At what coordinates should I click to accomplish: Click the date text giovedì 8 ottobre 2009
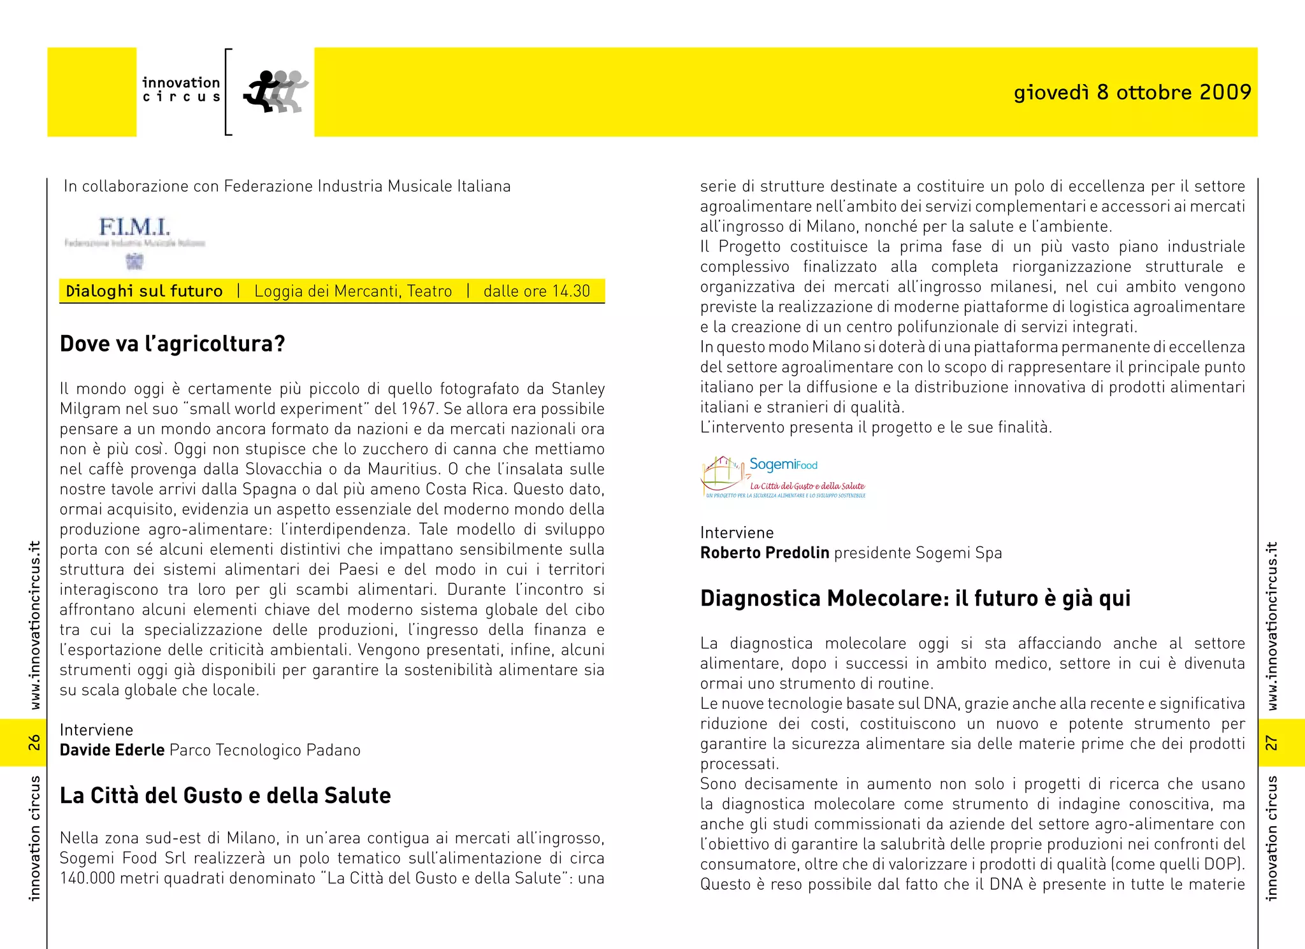coord(1132,92)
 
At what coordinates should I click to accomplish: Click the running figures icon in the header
coord(276,92)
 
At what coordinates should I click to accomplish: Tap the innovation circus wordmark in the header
coord(181,89)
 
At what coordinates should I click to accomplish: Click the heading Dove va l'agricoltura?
coord(173,344)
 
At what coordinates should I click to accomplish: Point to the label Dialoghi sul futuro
coord(144,291)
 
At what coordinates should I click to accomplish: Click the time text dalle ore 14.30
coord(537,291)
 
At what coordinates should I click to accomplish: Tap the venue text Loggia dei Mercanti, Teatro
coord(353,291)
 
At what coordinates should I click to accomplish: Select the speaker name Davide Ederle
coord(112,750)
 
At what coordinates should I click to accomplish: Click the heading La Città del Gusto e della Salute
coord(225,796)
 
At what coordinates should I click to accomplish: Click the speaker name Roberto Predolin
coord(765,553)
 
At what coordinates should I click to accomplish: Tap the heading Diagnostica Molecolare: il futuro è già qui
coord(915,599)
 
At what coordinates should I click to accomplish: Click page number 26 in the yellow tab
coord(34,742)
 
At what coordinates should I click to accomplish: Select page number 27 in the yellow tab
coord(1271,743)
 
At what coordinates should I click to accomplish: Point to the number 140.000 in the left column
coord(88,878)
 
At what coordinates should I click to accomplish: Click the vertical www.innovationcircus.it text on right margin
coord(1271,625)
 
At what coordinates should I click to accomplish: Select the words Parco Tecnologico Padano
coord(265,750)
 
